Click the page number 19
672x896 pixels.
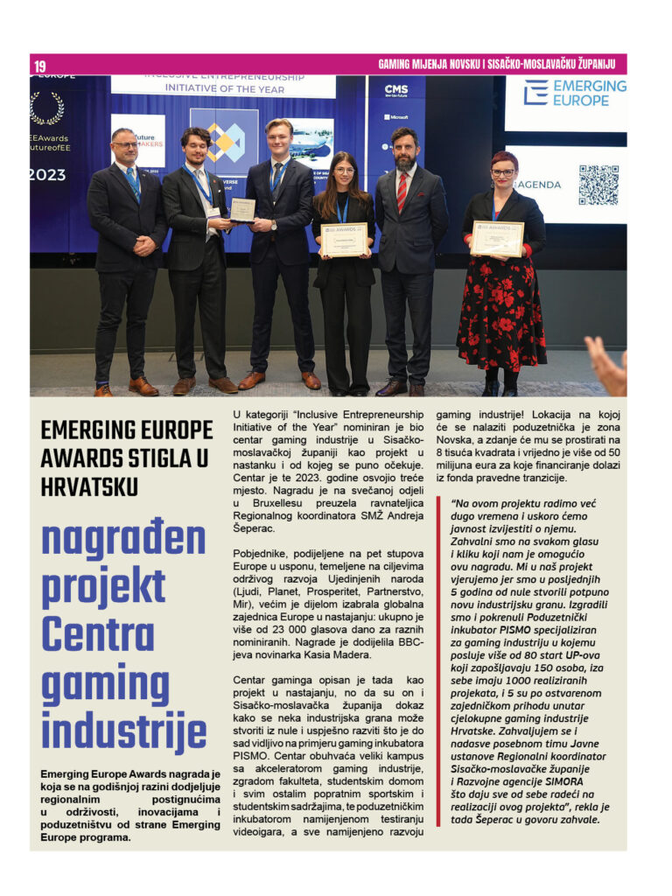point(40,66)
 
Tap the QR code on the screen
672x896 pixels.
point(598,185)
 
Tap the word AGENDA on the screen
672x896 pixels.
point(536,185)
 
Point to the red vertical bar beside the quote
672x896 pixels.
point(439,661)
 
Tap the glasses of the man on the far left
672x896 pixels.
point(125,144)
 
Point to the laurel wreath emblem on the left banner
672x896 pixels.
point(46,108)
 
